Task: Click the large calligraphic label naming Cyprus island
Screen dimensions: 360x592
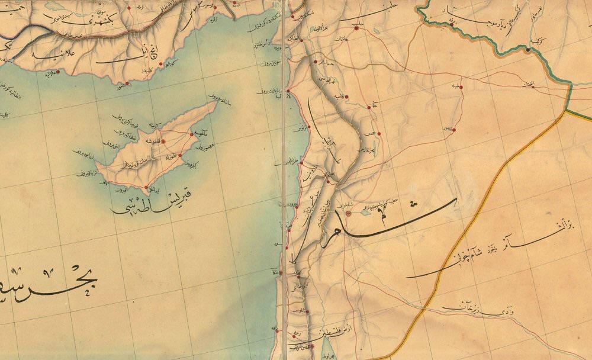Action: [153, 202]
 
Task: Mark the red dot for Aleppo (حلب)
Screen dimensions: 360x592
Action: [356, 28]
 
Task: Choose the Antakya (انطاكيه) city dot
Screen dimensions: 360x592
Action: [303, 40]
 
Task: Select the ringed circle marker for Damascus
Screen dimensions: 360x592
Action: [348, 212]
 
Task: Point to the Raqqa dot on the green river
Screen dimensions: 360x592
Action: [452, 25]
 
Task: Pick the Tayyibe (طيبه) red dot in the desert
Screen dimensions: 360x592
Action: [461, 87]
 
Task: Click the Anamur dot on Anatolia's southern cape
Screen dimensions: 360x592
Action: [127, 83]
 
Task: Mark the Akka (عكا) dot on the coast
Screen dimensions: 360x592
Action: [282, 272]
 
